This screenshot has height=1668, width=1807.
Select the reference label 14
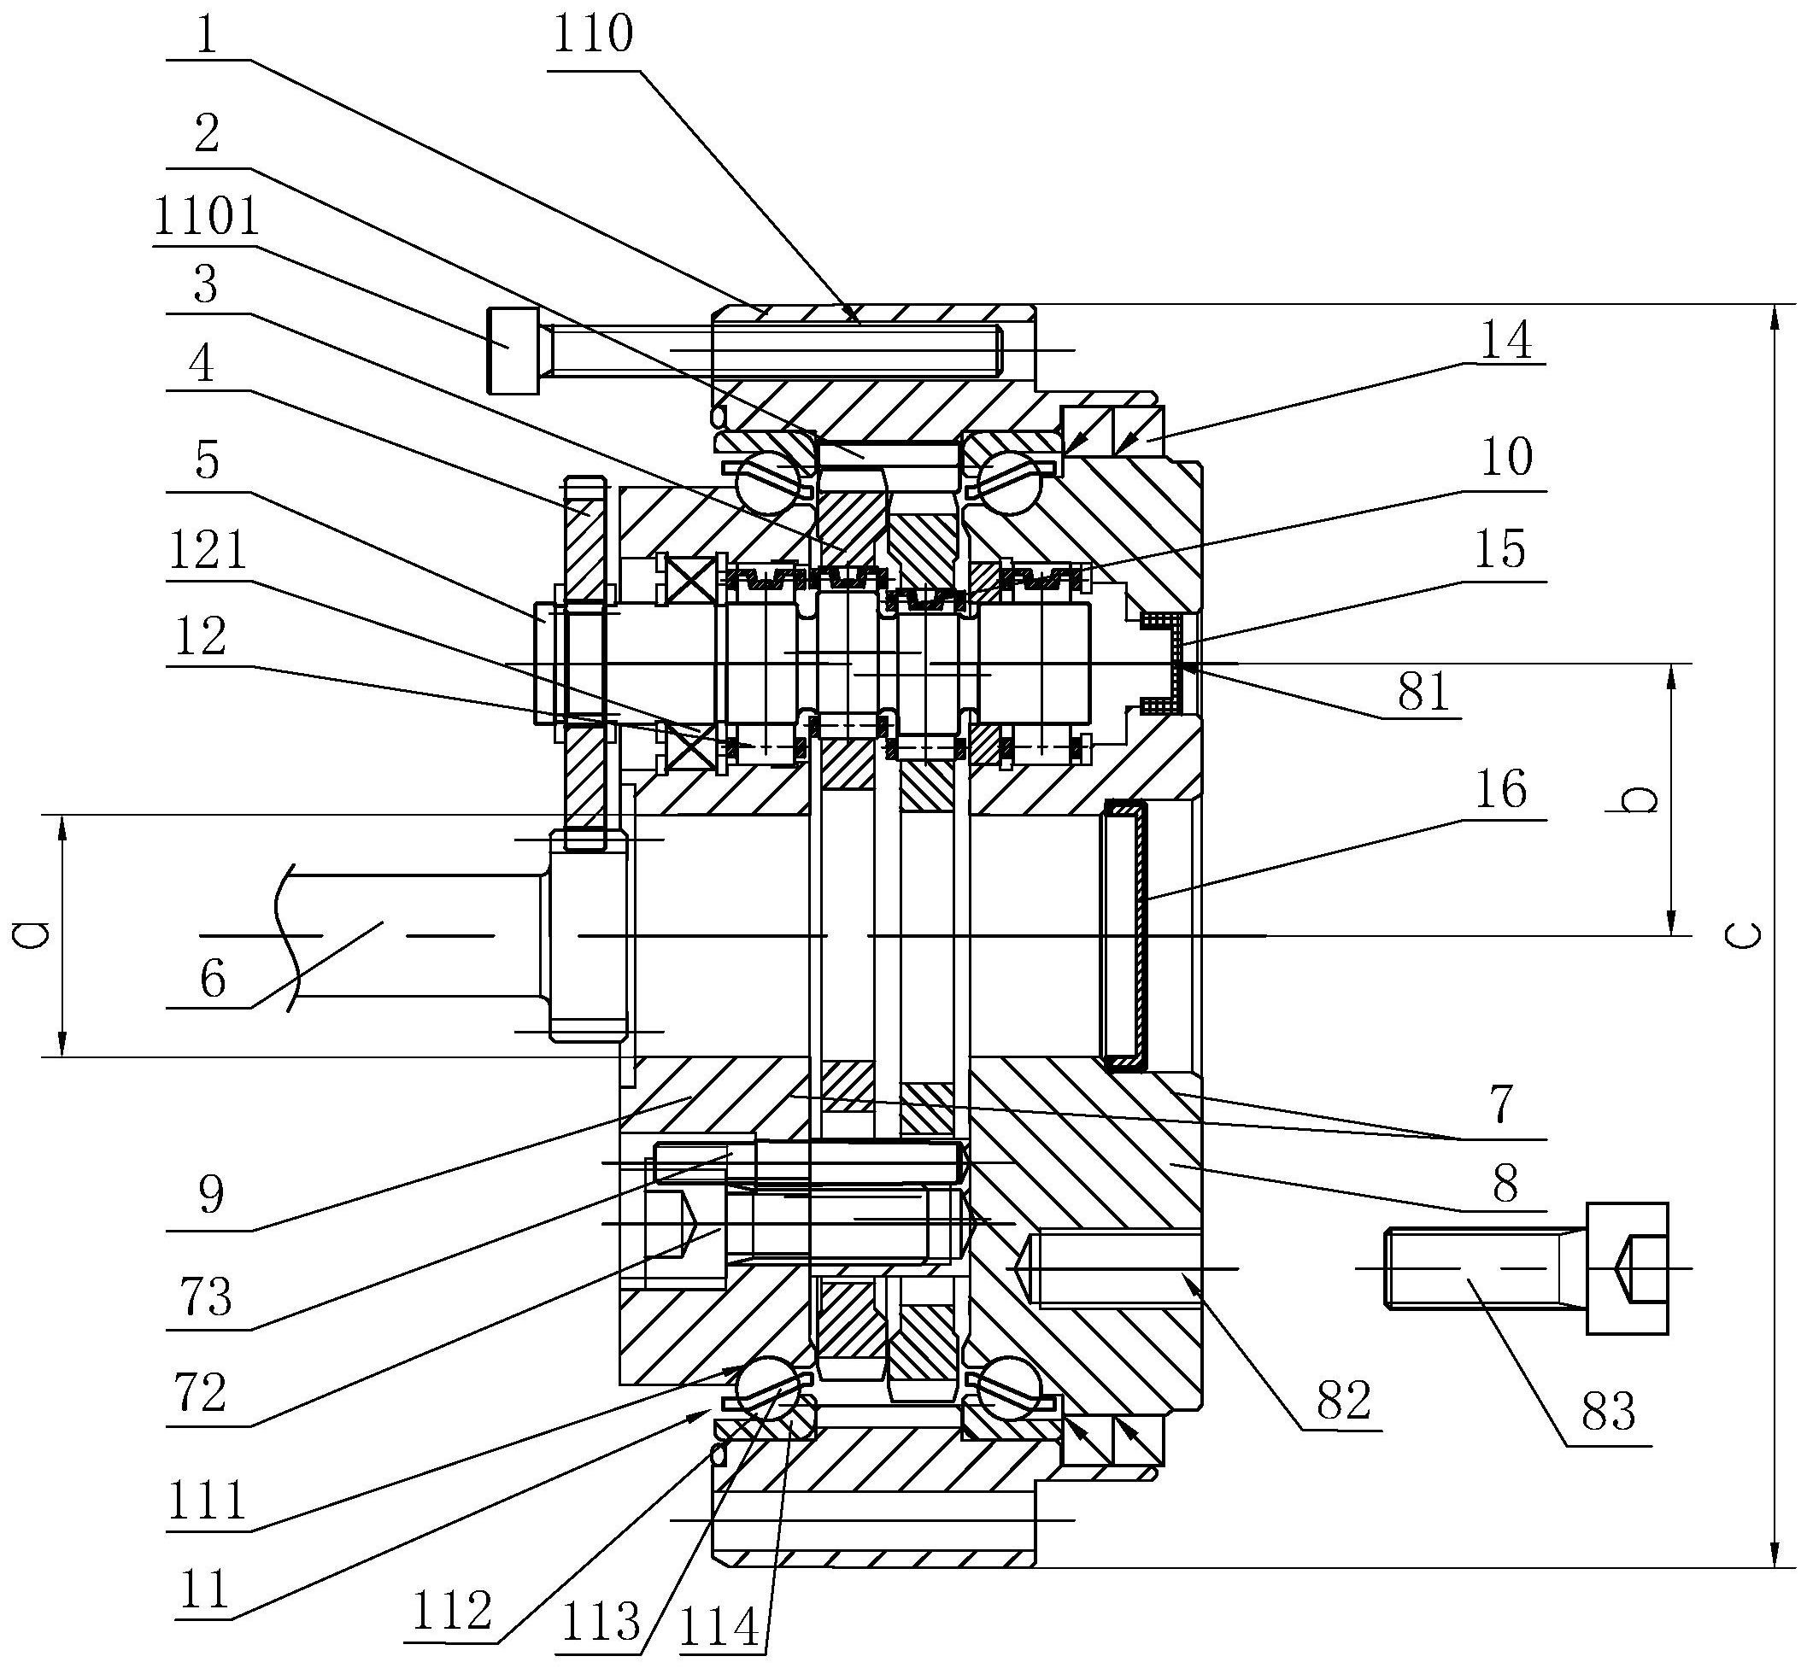click(x=1506, y=341)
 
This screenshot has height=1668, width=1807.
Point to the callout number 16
click(x=1500, y=790)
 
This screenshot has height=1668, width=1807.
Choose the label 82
click(x=1344, y=1402)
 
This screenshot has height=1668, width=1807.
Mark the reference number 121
click(x=207, y=549)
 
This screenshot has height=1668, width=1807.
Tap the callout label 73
click(x=207, y=1298)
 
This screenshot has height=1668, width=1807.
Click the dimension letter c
click(x=1748, y=936)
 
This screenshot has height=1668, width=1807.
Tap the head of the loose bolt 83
click(x=1627, y=1268)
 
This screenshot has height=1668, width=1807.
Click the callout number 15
click(x=1500, y=550)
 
